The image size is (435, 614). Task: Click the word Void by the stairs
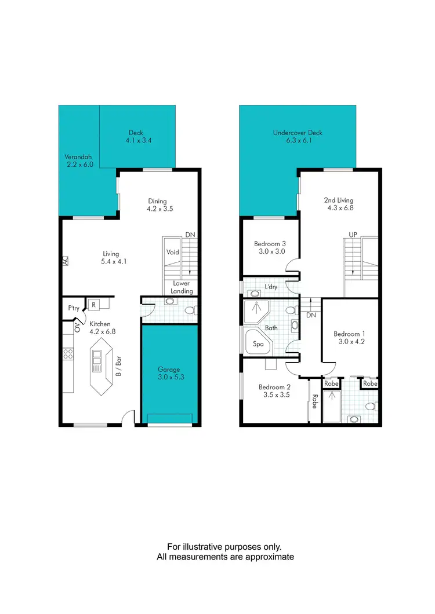172,253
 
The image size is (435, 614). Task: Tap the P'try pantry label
74,308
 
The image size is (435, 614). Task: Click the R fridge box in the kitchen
93,304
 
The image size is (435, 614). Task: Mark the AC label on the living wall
66,261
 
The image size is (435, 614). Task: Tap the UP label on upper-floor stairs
352,235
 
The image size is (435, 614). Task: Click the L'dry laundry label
271,287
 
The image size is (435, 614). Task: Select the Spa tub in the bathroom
258,344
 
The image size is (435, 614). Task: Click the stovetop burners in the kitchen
68,352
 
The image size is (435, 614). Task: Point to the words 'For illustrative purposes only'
224,547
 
